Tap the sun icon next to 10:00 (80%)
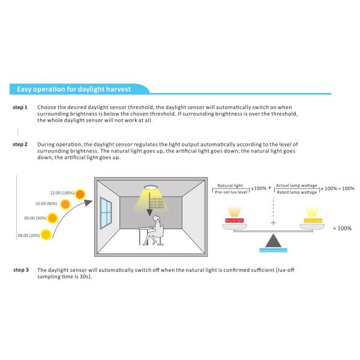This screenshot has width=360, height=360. [x=66, y=204]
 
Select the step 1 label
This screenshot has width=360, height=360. [x=20, y=107]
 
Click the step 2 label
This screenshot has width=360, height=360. [x=20, y=145]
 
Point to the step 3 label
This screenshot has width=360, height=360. [x=20, y=269]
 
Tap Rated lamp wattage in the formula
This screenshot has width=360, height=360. [x=296, y=192]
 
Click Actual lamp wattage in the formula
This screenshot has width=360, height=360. [x=296, y=186]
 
